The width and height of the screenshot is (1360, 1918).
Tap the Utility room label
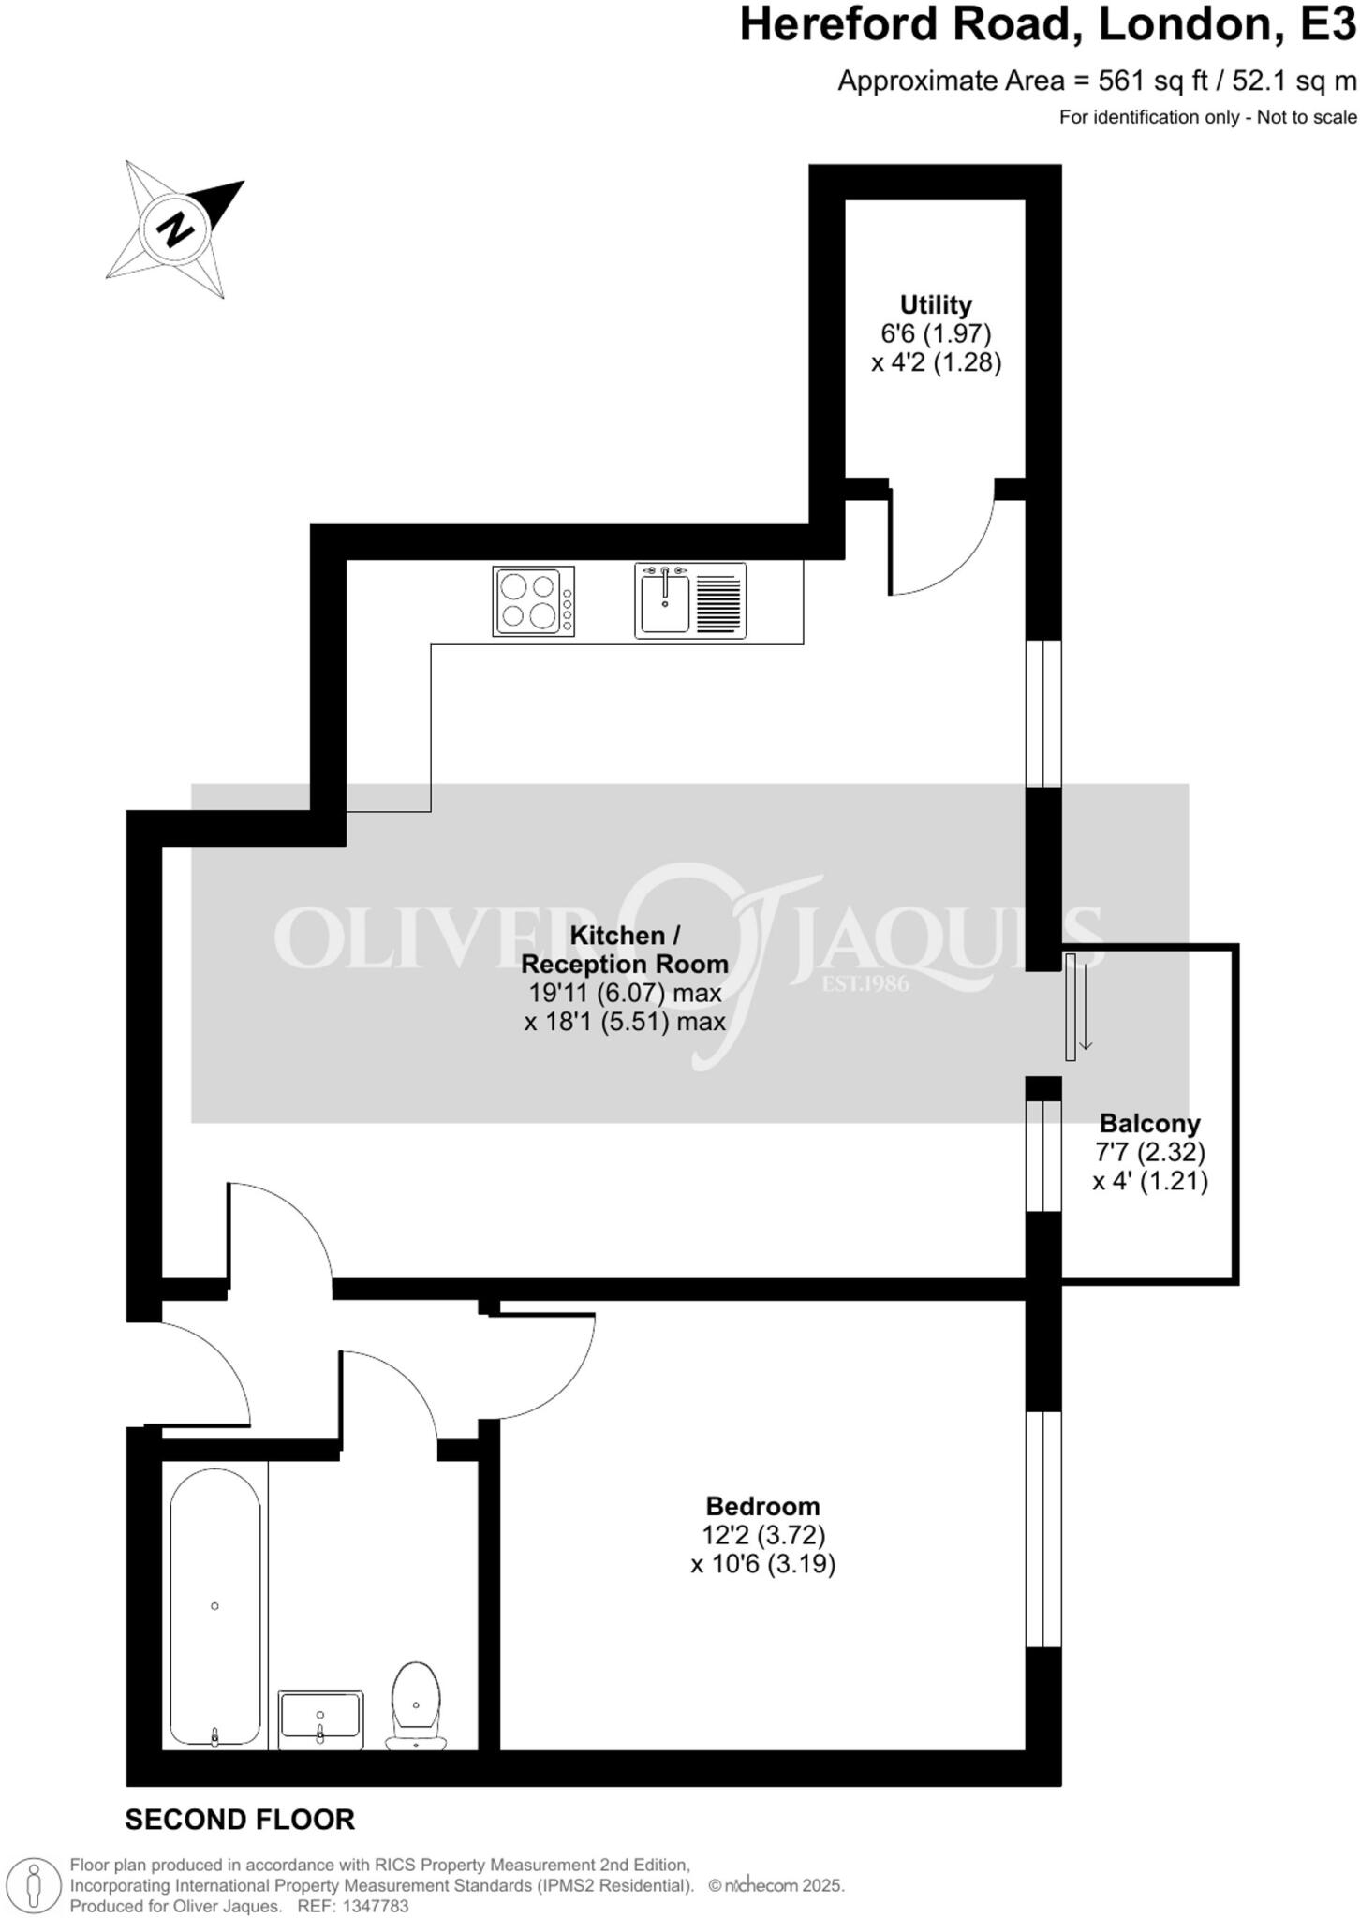[935, 305]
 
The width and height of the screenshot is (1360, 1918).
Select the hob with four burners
[534, 601]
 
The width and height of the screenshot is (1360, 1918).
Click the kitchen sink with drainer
[690, 601]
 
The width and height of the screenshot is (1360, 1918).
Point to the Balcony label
[1149, 1123]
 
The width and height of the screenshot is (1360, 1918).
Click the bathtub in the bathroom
[215, 1607]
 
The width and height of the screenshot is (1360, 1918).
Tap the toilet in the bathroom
[416, 1705]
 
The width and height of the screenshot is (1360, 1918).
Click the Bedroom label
[762, 1506]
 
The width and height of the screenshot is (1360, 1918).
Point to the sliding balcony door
[1071, 1007]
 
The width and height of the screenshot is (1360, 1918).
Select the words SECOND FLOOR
[240, 1820]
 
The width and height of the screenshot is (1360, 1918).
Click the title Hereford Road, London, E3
[1047, 26]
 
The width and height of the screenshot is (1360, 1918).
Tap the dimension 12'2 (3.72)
[762, 1535]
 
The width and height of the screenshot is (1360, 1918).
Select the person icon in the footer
[35, 1884]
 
